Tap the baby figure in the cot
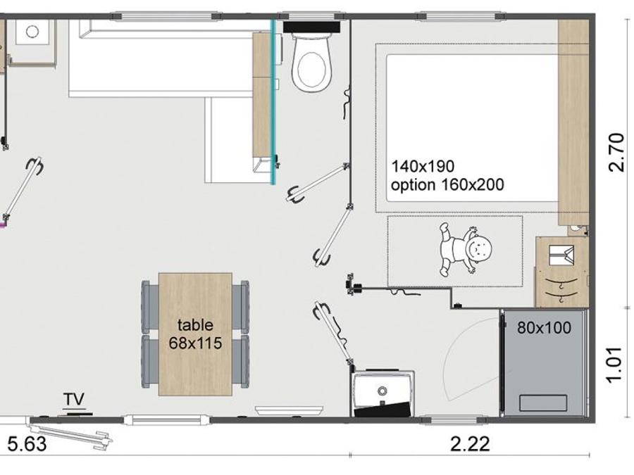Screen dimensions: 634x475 tap(466, 249)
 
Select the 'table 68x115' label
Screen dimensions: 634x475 tap(195, 334)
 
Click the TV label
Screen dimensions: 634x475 tap(75, 400)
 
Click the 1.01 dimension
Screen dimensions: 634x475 tap(614, 364)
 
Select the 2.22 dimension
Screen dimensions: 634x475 tap(471, 444)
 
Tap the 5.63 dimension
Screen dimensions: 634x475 tap(27, 445)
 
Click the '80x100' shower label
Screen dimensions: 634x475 tap(545, 328)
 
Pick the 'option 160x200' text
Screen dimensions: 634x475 tap(447, 185)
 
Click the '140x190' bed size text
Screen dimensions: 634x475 tap(423, 166)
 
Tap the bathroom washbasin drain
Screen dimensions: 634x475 tap(382, 391)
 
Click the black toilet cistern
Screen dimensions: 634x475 tap(311, 27)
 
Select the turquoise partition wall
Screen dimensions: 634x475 tap(274, 102)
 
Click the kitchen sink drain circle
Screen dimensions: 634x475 tap(32, 32)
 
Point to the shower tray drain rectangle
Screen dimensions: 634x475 tap(542, 403)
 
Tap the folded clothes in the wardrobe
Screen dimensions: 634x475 tap(561, 255)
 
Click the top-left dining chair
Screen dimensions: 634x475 tap(150, 306)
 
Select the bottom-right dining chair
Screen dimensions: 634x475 tap(241, 362)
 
